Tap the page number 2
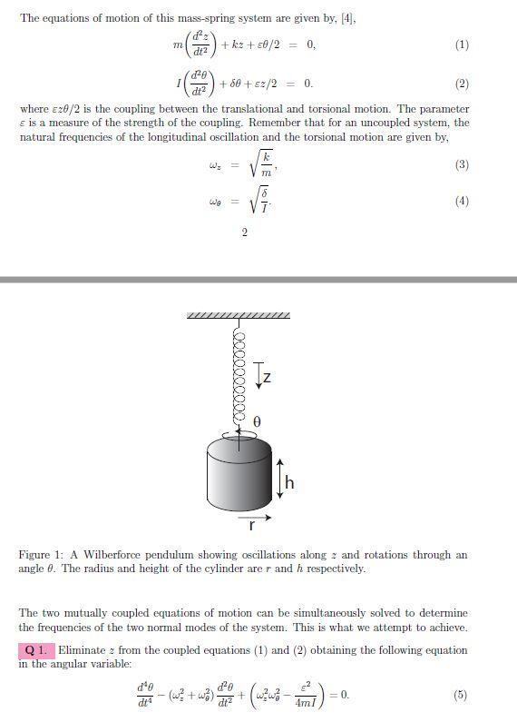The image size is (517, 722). (x=244, y=233)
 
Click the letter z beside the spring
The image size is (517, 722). (x=268, y=376)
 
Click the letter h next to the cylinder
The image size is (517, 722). (x=289, y=483)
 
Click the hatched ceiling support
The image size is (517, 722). (x=239, y=316)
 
